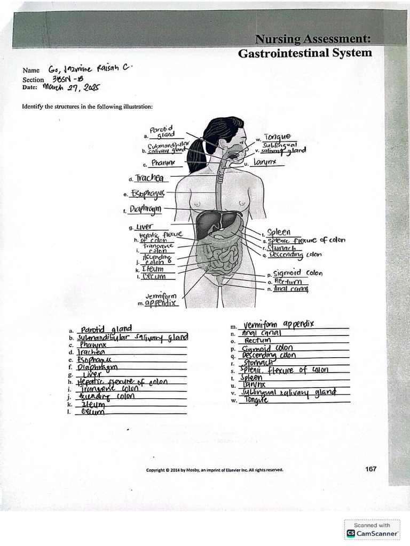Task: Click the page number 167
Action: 370,469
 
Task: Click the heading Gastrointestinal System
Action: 305,53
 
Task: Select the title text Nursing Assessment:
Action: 313,38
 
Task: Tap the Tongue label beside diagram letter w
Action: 277,137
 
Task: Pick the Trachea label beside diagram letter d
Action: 149,178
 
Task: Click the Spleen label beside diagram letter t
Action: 279,232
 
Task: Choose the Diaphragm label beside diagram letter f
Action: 145,209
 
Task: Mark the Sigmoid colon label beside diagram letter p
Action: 297,273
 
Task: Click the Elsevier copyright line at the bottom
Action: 215,470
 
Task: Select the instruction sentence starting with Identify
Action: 87,107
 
